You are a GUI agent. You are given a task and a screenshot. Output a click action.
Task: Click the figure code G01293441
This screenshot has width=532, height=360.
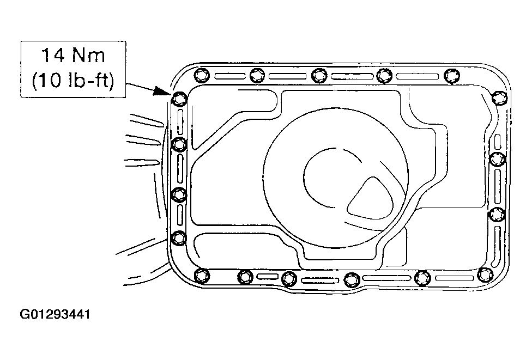click(x=55, y=314)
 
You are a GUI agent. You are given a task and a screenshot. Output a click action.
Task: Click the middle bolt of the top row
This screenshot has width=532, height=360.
click(x=319, y=75)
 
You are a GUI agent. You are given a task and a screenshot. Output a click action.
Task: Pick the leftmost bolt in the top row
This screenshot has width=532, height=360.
click(x=202, y=75)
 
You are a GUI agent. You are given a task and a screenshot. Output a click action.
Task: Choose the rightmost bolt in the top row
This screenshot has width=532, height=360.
click(x=452, y=76)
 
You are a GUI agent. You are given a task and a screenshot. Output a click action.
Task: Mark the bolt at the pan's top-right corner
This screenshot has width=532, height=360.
click(x=499, y=98)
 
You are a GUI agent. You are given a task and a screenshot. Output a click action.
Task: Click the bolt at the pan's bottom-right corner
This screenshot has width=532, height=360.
click(x=485, y=274)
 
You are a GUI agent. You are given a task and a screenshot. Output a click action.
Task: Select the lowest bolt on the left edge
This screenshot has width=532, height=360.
click(x=179, y=237)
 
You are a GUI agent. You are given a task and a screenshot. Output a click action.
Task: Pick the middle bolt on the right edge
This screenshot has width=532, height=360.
click(x=497, y=159)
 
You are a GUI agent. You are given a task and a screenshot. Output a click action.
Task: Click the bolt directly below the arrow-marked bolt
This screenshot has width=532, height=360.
click(x=179, y=144)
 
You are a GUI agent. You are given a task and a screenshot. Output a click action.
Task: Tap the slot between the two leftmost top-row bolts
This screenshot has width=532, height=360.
click(x=229, y=76)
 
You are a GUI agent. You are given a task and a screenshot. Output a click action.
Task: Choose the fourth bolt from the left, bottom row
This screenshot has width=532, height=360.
click(x=352, y=280)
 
